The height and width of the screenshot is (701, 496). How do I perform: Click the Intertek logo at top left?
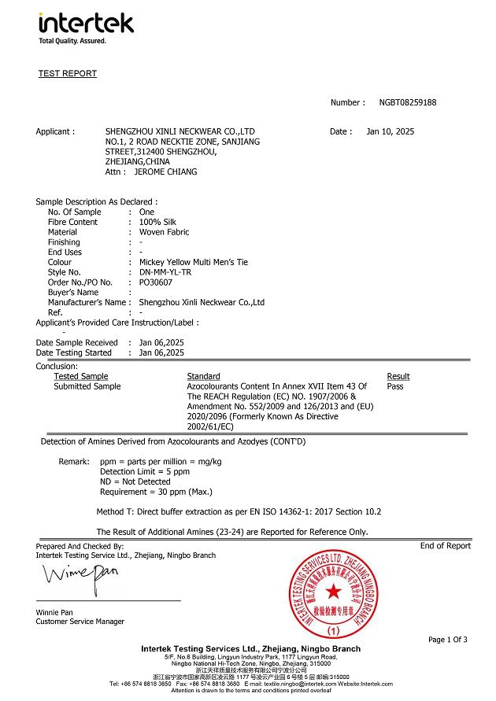86,26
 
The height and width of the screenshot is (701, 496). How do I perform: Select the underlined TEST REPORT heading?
68,74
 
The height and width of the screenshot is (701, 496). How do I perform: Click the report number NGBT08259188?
407,103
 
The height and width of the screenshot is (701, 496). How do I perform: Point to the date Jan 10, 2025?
391,132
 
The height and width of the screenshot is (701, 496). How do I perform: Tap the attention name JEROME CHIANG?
165,172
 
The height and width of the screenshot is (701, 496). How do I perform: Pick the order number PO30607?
156,282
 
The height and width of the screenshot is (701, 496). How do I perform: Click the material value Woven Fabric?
165,232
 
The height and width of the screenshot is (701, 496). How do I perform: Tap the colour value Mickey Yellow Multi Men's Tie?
194,262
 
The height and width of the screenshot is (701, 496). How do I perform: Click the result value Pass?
395,386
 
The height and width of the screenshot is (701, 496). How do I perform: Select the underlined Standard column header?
203,377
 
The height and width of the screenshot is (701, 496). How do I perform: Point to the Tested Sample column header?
81,377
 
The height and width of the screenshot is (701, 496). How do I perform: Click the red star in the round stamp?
334,591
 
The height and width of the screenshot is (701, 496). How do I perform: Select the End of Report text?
445,546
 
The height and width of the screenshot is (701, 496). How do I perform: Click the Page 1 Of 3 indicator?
447,640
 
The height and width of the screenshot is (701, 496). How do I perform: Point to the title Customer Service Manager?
80,622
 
